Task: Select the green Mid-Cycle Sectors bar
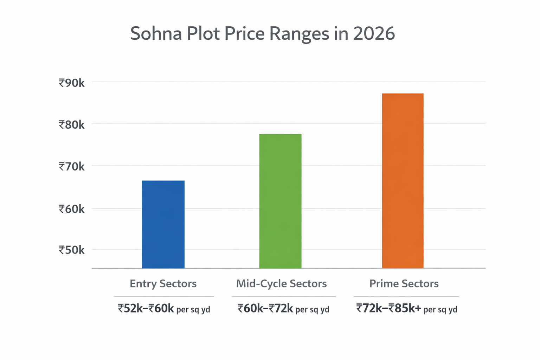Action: coord(280,201)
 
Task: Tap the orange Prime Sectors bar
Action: coord(403,181)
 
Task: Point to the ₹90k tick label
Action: coord(72,83)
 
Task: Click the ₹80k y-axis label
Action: coord(72,125)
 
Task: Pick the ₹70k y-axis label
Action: coord(72,167)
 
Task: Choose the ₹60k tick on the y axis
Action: coord(72,209)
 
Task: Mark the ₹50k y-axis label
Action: coord(72,250)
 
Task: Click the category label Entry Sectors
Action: coord(163,284)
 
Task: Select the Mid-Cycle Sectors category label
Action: coord(281,284)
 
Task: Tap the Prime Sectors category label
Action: coord(404,284)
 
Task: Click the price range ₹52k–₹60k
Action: coord(146,309)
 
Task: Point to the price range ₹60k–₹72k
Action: coord(265,309)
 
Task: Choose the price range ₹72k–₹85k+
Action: coord(388,309)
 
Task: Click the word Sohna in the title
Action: coord(156,34)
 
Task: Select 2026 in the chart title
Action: coord(374,34)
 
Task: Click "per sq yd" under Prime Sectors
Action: coord(440,310)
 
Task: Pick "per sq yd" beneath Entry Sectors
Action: coord(193,310)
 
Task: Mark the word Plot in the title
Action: coord(202,34)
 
